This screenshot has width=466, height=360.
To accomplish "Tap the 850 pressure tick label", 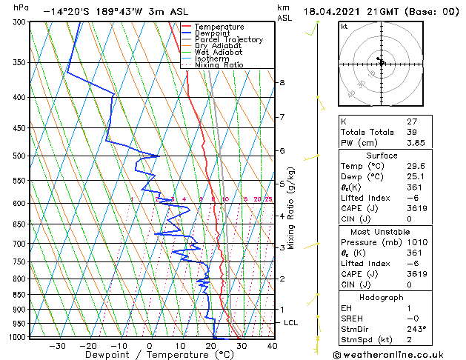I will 19,295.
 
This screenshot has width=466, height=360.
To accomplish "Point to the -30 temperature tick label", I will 57,346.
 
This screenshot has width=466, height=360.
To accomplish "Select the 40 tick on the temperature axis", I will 272,346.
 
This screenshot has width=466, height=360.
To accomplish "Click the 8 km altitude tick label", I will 282,82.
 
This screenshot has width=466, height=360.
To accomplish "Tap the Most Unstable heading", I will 382,232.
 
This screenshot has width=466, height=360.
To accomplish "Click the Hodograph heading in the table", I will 382,297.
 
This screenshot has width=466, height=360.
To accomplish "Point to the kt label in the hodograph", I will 344,26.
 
